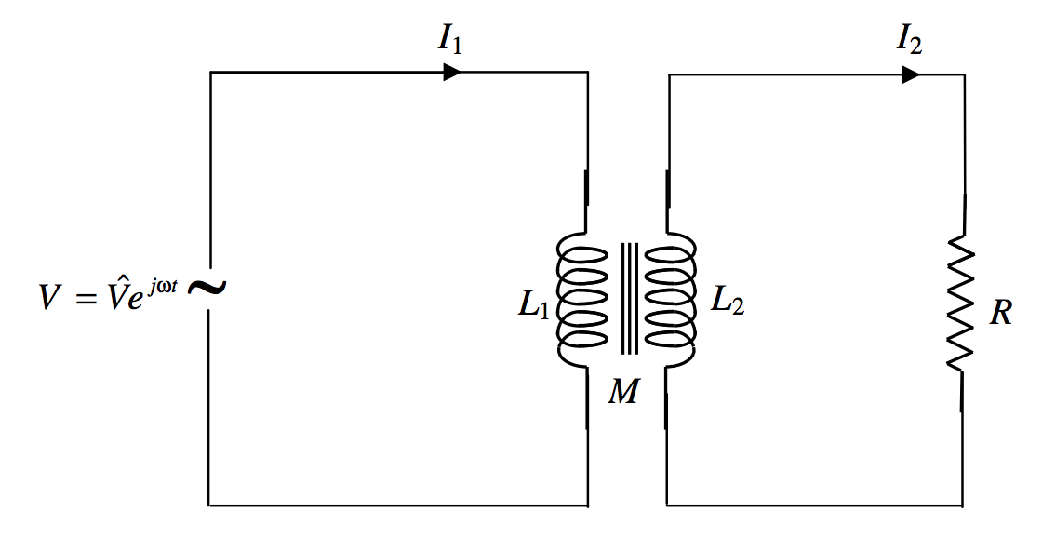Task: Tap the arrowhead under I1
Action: pos(452,72)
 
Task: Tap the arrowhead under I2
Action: pos(911,74)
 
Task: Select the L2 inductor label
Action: pos(728,301)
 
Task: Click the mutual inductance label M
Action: pos(623,392)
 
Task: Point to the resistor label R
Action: pos(1000,313)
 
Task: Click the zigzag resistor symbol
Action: pos(961,303)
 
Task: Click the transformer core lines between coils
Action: pos(631,298)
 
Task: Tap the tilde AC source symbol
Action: pos(207,288)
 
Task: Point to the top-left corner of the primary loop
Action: pos(210,73)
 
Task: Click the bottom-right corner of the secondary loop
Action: pos(961,505)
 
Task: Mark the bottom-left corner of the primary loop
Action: pos(209,505)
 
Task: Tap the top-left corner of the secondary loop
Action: pos(669,75)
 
